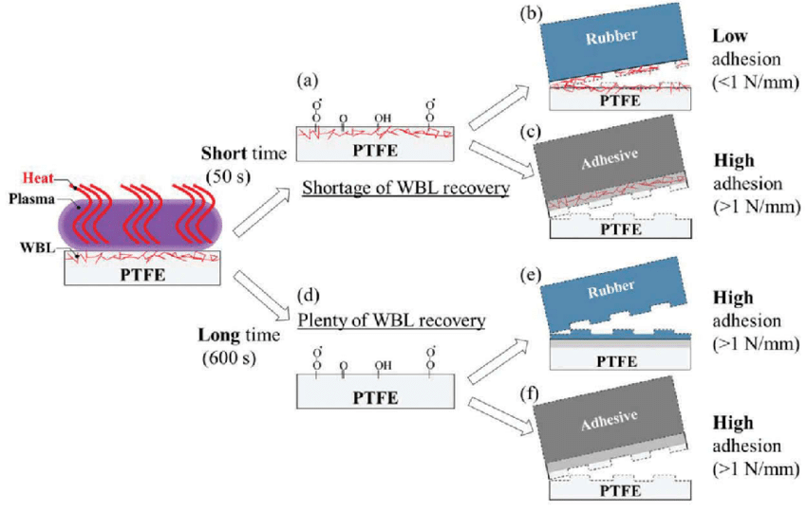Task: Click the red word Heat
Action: [36, 176]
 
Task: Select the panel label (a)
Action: [306, 81]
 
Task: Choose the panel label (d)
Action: [306, 301]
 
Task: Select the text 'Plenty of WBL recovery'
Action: [391, 320]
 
